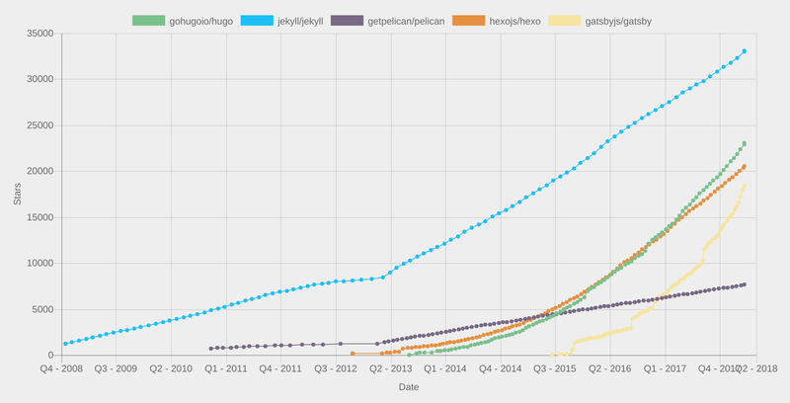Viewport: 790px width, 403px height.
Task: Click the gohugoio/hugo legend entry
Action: coord(182,21)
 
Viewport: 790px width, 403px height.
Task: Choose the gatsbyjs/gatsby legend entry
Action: coord(601,21)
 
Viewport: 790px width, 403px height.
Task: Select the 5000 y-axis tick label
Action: coord(41,309)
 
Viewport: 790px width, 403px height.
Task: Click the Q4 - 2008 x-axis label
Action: coord(62,368)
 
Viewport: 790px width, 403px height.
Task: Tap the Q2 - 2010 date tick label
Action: coord(172,368)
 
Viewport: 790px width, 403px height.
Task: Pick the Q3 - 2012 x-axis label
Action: coord(337,368)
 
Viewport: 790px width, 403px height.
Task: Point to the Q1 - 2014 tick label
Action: coord(446,368)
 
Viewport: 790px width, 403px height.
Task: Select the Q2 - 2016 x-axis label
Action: coord(611,368)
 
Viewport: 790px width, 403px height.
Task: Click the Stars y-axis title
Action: coord(18,194)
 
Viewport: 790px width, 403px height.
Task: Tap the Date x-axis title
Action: coord(409,387)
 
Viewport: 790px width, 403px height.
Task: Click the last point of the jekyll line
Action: coord(744,51)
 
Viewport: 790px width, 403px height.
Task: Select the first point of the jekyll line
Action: coord(65,344)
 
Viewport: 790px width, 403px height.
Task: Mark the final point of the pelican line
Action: coord(744,284)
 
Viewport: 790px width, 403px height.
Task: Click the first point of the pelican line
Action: coord(211,348)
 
